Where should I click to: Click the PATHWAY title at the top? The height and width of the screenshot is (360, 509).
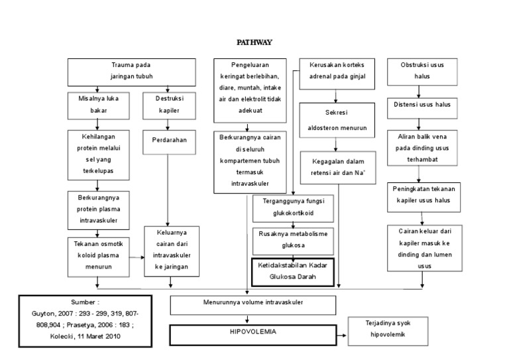[x=254, y=42]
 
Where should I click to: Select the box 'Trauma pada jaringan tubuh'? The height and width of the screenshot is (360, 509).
[x=131, y=72]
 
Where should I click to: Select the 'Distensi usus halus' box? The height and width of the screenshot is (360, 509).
[x=423, y=105]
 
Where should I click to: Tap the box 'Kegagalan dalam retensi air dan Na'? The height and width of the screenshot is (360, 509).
[x=338, y=167]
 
